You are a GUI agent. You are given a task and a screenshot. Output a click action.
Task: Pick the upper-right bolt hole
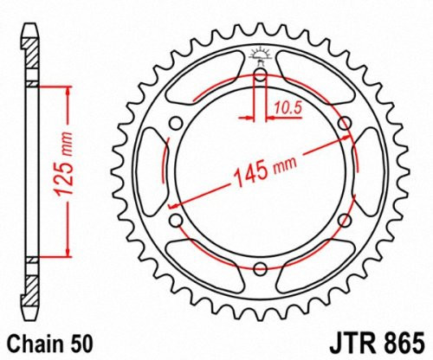(345, 123)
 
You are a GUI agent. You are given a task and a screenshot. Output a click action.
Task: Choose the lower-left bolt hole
(177, 221)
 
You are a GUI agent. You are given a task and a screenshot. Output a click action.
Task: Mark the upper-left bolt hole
(177, 123)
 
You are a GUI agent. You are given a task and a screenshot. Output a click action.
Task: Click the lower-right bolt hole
(345, 221)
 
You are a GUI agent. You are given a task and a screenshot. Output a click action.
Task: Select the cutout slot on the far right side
(372, 171)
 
